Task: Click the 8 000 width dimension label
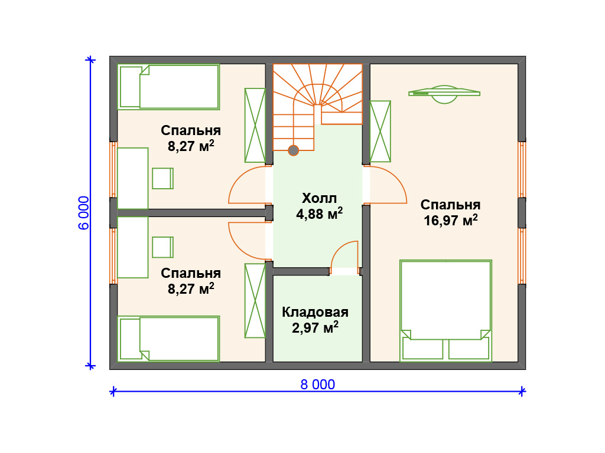coord(317,385)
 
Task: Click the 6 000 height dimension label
coord(84,212)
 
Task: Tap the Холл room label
coord(319,198)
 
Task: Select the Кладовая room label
coord(315,312)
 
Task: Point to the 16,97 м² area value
coord(451,220)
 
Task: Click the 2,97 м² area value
coord(315,327)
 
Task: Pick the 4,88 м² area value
coord(319,214)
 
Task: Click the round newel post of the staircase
coord(293,150)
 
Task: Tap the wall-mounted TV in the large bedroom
coord(444,94)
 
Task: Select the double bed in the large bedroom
coord(445,311)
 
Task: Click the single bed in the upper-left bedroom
coord(168,87)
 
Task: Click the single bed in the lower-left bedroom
coord(168,339)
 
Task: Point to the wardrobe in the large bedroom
coord(380,132)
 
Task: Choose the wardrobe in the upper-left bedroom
coord(255,125)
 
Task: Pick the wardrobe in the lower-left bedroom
coord(255,301)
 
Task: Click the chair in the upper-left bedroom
coord(162,178)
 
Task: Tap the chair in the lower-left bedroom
coord(162,247)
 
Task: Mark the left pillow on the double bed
coord(422,348)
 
